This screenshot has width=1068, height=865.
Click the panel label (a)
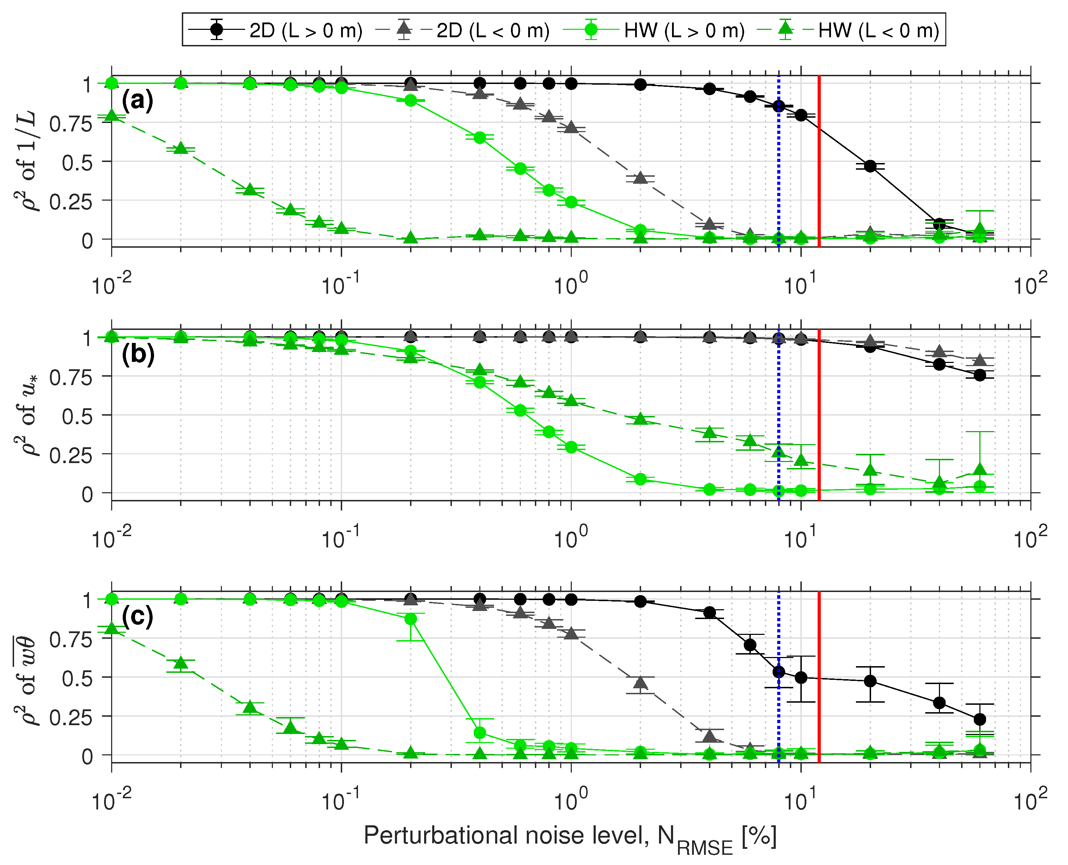pos(138,101)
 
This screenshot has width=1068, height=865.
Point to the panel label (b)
pos(138,354)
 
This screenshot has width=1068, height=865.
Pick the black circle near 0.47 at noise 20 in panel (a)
pos(870,166)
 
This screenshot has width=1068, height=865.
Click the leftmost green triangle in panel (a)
pos(112,116)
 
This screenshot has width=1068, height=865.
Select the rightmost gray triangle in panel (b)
pos(980,360)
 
